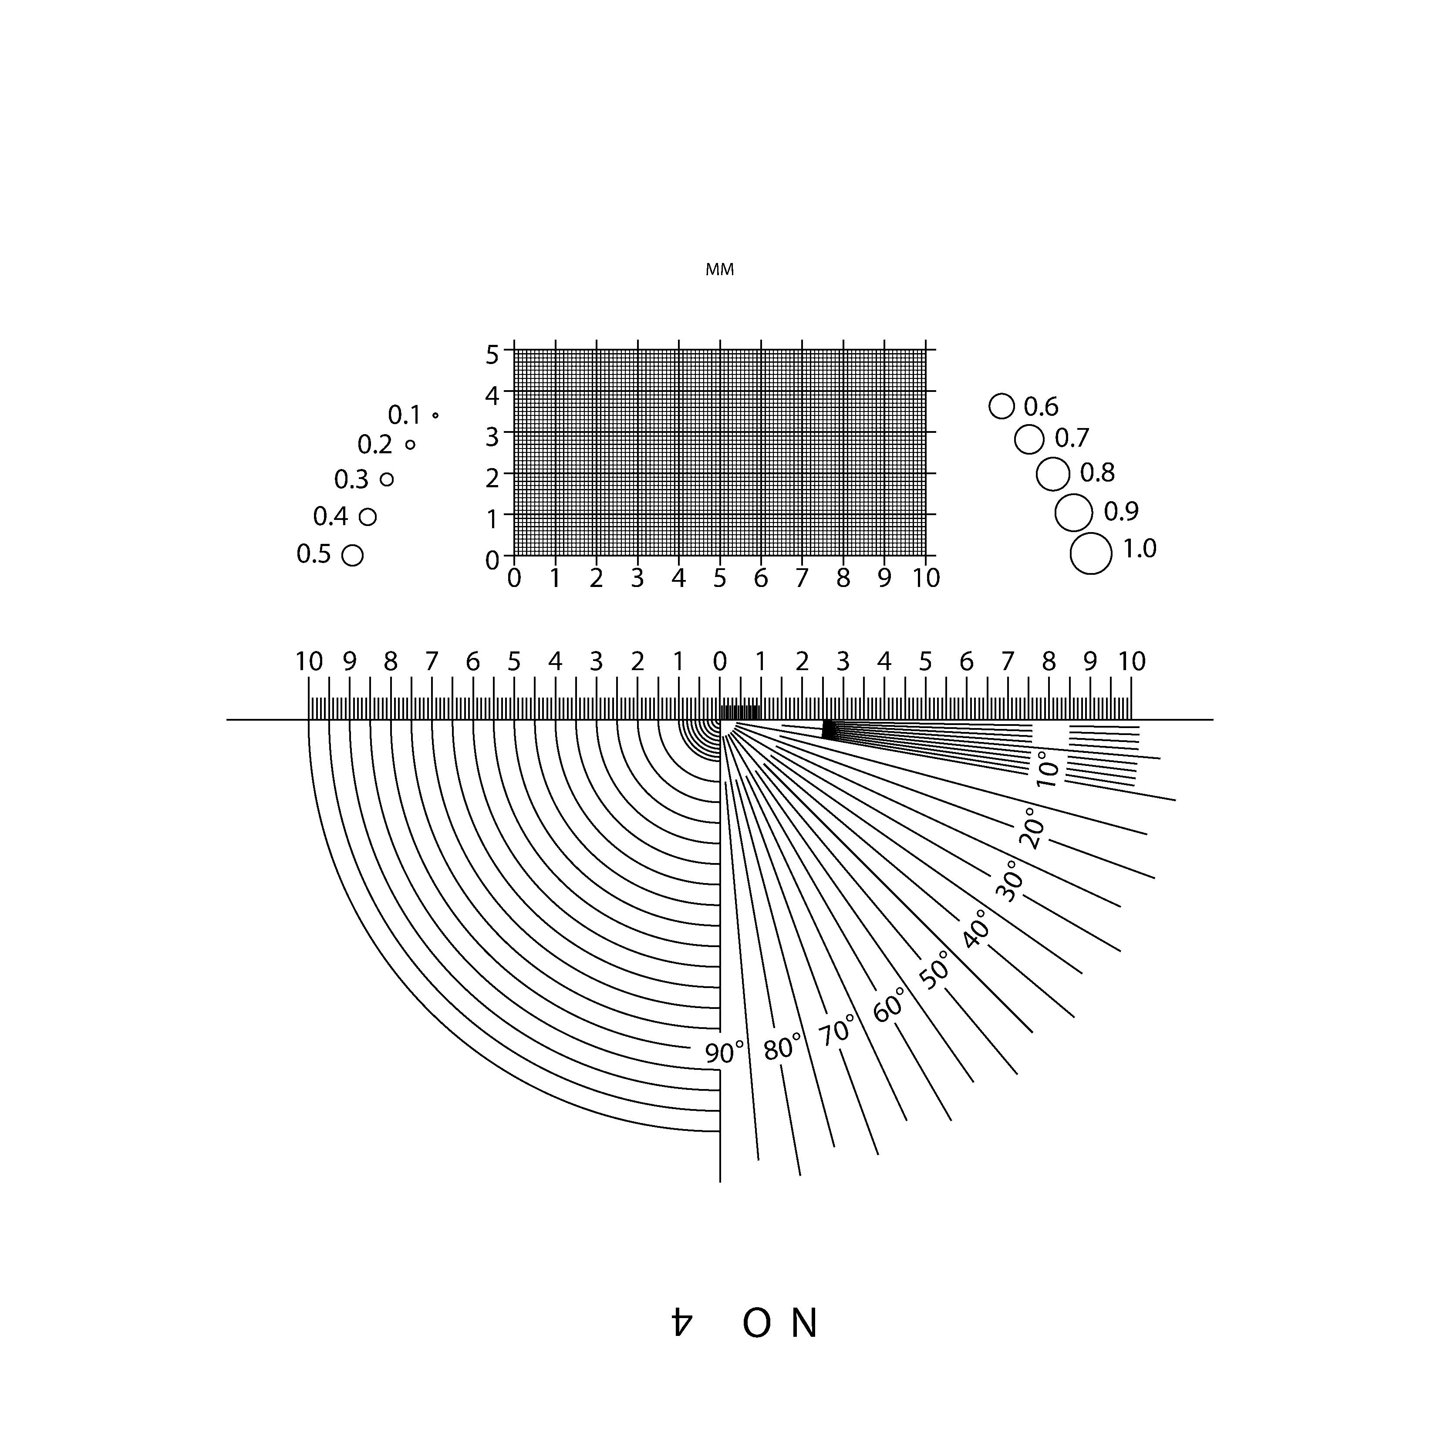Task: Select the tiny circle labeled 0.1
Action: pos(435,415)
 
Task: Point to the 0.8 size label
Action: pos(1097,472)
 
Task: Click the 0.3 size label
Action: pos(351,480)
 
